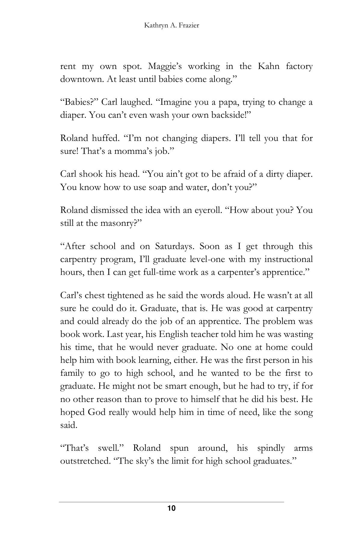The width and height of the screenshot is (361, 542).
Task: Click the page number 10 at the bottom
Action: pos(171,509)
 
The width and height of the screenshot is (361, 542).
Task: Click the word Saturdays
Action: pos(174,246)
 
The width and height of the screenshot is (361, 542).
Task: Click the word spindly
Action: pos(271,448)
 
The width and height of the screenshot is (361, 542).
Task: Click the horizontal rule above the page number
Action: pos(171,502)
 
